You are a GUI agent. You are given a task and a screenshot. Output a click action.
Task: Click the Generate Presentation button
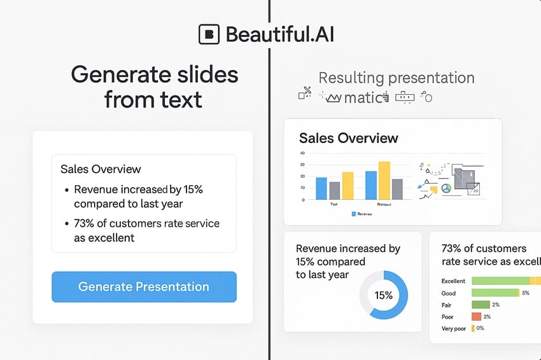tap(144, 287)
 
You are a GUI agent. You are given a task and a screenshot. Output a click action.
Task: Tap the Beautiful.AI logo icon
tap(209, 34)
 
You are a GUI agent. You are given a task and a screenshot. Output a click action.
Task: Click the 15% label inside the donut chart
tap(383, 295)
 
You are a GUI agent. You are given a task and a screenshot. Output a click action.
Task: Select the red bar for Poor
tap(476, 317)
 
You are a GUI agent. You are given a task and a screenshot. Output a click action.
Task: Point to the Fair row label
tap(447, 305)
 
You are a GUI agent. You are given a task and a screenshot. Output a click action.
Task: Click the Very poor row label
tap(454, 329)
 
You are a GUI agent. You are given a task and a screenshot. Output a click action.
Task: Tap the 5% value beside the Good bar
tap(526, 293)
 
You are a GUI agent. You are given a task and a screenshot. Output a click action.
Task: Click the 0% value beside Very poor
tap(480, 329)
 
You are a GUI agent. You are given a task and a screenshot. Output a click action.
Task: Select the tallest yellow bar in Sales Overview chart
tap(384, 180)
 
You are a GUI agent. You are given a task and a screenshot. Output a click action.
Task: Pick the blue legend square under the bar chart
tap(354, 214)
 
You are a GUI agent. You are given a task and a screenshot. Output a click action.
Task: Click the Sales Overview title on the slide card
tap(348, 138)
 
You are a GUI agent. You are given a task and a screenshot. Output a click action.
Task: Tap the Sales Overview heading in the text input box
tap(101, 169)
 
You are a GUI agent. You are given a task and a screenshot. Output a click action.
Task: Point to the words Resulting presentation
tap(396, 78)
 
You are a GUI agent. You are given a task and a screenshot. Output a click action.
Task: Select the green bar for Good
tap(495, 293)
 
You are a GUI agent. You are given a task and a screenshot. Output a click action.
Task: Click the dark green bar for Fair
tap(480, 305)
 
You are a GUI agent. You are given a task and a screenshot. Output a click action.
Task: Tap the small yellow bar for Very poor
tap(473, 329)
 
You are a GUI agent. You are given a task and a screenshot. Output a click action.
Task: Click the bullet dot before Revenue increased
tap(67, 190)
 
